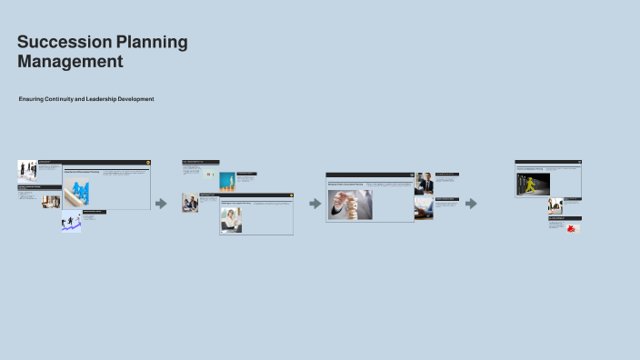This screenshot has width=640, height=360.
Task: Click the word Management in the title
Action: (x=70, y=62)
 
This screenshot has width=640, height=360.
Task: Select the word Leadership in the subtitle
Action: (x=111, y=98)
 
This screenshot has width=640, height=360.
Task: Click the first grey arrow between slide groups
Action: (x=161, y=204)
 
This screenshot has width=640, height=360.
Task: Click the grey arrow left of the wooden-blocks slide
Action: (x=315, y=204)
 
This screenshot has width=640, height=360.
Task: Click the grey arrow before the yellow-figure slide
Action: (x=471, y=204)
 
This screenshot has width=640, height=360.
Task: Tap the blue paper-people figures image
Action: (x=81, y=192)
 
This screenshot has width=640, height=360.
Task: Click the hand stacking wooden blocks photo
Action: (x=350, y=205)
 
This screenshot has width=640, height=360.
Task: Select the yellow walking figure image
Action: (x=531, y=185)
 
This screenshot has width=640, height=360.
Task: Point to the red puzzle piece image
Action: (x=571, y=228)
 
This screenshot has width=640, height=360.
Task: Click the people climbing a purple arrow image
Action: (x=71, y=223)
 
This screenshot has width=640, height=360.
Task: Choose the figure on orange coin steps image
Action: (x=226, y=181)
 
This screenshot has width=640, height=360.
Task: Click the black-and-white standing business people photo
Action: (x=27, y=171)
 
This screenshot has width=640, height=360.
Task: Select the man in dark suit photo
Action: (x=424, y=183)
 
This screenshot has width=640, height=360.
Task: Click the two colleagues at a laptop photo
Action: (x=189, y=203)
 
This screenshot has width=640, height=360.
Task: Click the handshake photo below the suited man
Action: (x=424, y=210)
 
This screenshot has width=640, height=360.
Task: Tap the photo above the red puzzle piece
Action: (x=555, y=205)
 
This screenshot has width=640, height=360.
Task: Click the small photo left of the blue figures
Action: (x=51, y=202)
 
